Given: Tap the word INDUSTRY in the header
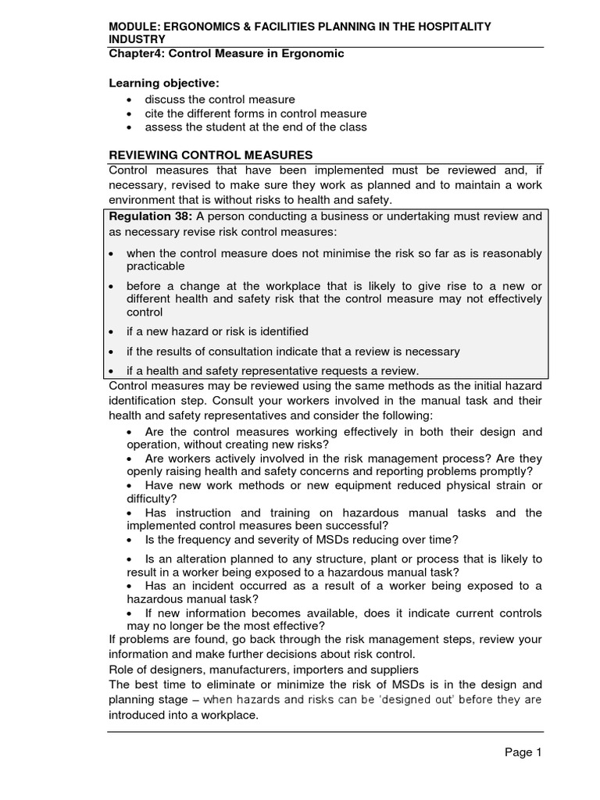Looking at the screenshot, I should click(137, 39).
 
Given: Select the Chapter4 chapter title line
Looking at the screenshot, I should click(226, 53).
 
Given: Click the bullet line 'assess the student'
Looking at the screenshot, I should click(255, 127).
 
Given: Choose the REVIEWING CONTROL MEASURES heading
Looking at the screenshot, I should click(211, 155).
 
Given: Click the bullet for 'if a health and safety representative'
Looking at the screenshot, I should click(112, 371).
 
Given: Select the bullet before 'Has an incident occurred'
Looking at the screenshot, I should click(130, 586).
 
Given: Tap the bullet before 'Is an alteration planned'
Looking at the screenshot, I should click(130, 559).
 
